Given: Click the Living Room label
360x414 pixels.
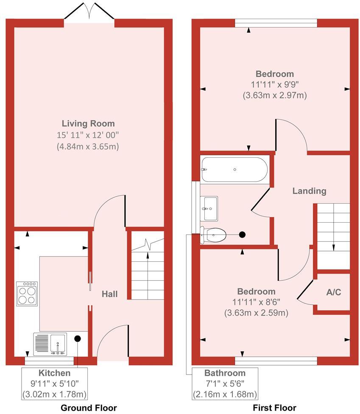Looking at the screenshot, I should click(88, 124).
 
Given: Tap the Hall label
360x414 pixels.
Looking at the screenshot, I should click(109, 294).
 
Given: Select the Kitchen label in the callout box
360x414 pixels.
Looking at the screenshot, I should click(55, 373).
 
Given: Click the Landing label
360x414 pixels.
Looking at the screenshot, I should click(310, 191).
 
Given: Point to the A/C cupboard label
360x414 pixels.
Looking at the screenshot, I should click(333, 292).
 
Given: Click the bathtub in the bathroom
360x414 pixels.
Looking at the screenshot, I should click(234, 169).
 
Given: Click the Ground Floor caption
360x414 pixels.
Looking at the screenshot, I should click(89, 408).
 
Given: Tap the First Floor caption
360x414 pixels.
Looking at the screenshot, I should click(274, 408).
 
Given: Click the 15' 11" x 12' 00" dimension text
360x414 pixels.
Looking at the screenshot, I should click(88, 135).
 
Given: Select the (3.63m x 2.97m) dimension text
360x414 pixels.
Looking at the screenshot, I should click(274, 95).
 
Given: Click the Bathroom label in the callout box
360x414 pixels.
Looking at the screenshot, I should click(225, 373).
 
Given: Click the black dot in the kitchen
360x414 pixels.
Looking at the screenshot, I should click(78, 338).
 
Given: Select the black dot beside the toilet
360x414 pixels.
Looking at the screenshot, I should click(242, 234).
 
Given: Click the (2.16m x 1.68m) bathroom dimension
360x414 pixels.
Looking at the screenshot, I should click(225, 394).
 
